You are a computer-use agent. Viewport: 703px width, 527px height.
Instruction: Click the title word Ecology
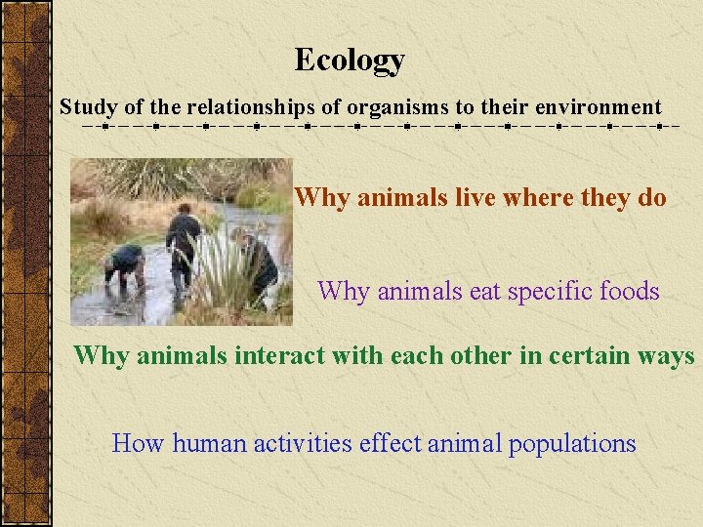350,61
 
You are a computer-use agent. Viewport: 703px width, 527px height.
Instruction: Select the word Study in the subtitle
82,107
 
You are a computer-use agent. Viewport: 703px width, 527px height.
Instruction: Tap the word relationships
250,107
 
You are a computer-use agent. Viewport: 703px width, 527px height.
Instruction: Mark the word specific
535,292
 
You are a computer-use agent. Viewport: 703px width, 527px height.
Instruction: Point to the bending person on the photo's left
125,265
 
